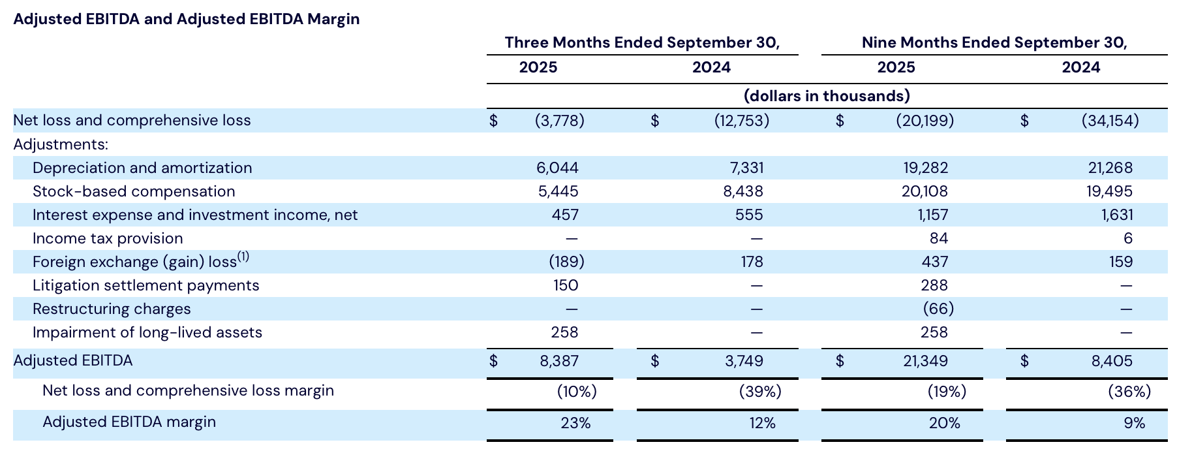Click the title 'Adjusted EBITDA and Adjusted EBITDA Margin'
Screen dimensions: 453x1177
186,19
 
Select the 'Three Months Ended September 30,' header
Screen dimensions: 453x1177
642,43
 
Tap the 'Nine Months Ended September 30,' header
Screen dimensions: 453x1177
994,43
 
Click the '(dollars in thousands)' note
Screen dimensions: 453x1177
827,97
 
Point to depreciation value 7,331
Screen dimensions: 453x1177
746,168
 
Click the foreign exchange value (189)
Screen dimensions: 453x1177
566,262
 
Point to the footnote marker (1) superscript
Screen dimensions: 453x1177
243,257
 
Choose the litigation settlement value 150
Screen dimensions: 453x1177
565,285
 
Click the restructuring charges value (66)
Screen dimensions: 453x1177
938,309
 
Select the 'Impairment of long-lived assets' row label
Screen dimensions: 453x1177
147,332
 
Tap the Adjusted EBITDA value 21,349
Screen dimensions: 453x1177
925,361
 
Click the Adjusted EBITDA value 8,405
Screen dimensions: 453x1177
1112,361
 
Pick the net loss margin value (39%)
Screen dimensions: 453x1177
760,392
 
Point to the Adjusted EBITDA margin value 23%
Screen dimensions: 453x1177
575,423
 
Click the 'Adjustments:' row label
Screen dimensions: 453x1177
61,144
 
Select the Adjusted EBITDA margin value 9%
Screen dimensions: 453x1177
1134,423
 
